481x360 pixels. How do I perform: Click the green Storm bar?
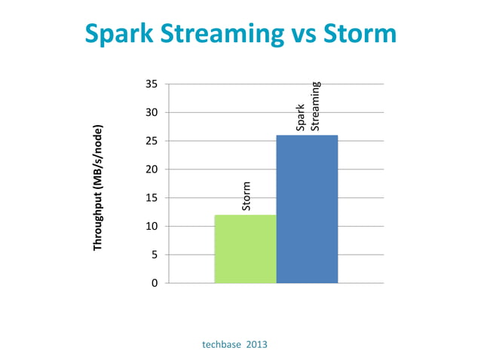click(245, 249)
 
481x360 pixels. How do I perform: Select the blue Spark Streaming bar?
click(307, 209)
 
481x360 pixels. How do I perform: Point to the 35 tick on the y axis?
click(152, 84)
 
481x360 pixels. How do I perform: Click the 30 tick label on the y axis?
click(152, 112)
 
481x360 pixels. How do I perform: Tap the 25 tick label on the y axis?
click(152, 141)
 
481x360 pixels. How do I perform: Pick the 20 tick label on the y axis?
click(152, 169)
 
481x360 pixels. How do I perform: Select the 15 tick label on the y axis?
click(152, 198)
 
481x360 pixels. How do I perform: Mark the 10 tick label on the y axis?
click(152, 226)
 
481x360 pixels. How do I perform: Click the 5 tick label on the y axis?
click(155, 255)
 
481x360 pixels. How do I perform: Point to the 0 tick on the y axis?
click(155, 283)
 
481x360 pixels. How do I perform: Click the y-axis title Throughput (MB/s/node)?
click(97, 187)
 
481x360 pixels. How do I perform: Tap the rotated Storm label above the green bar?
click(246, 196)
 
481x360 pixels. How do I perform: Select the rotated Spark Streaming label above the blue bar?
click(308, 106)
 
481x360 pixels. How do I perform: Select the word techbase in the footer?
click(222, 344)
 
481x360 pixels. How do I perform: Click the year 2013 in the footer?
click(256, 344)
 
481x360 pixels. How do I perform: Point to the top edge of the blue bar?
click(307, 136)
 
